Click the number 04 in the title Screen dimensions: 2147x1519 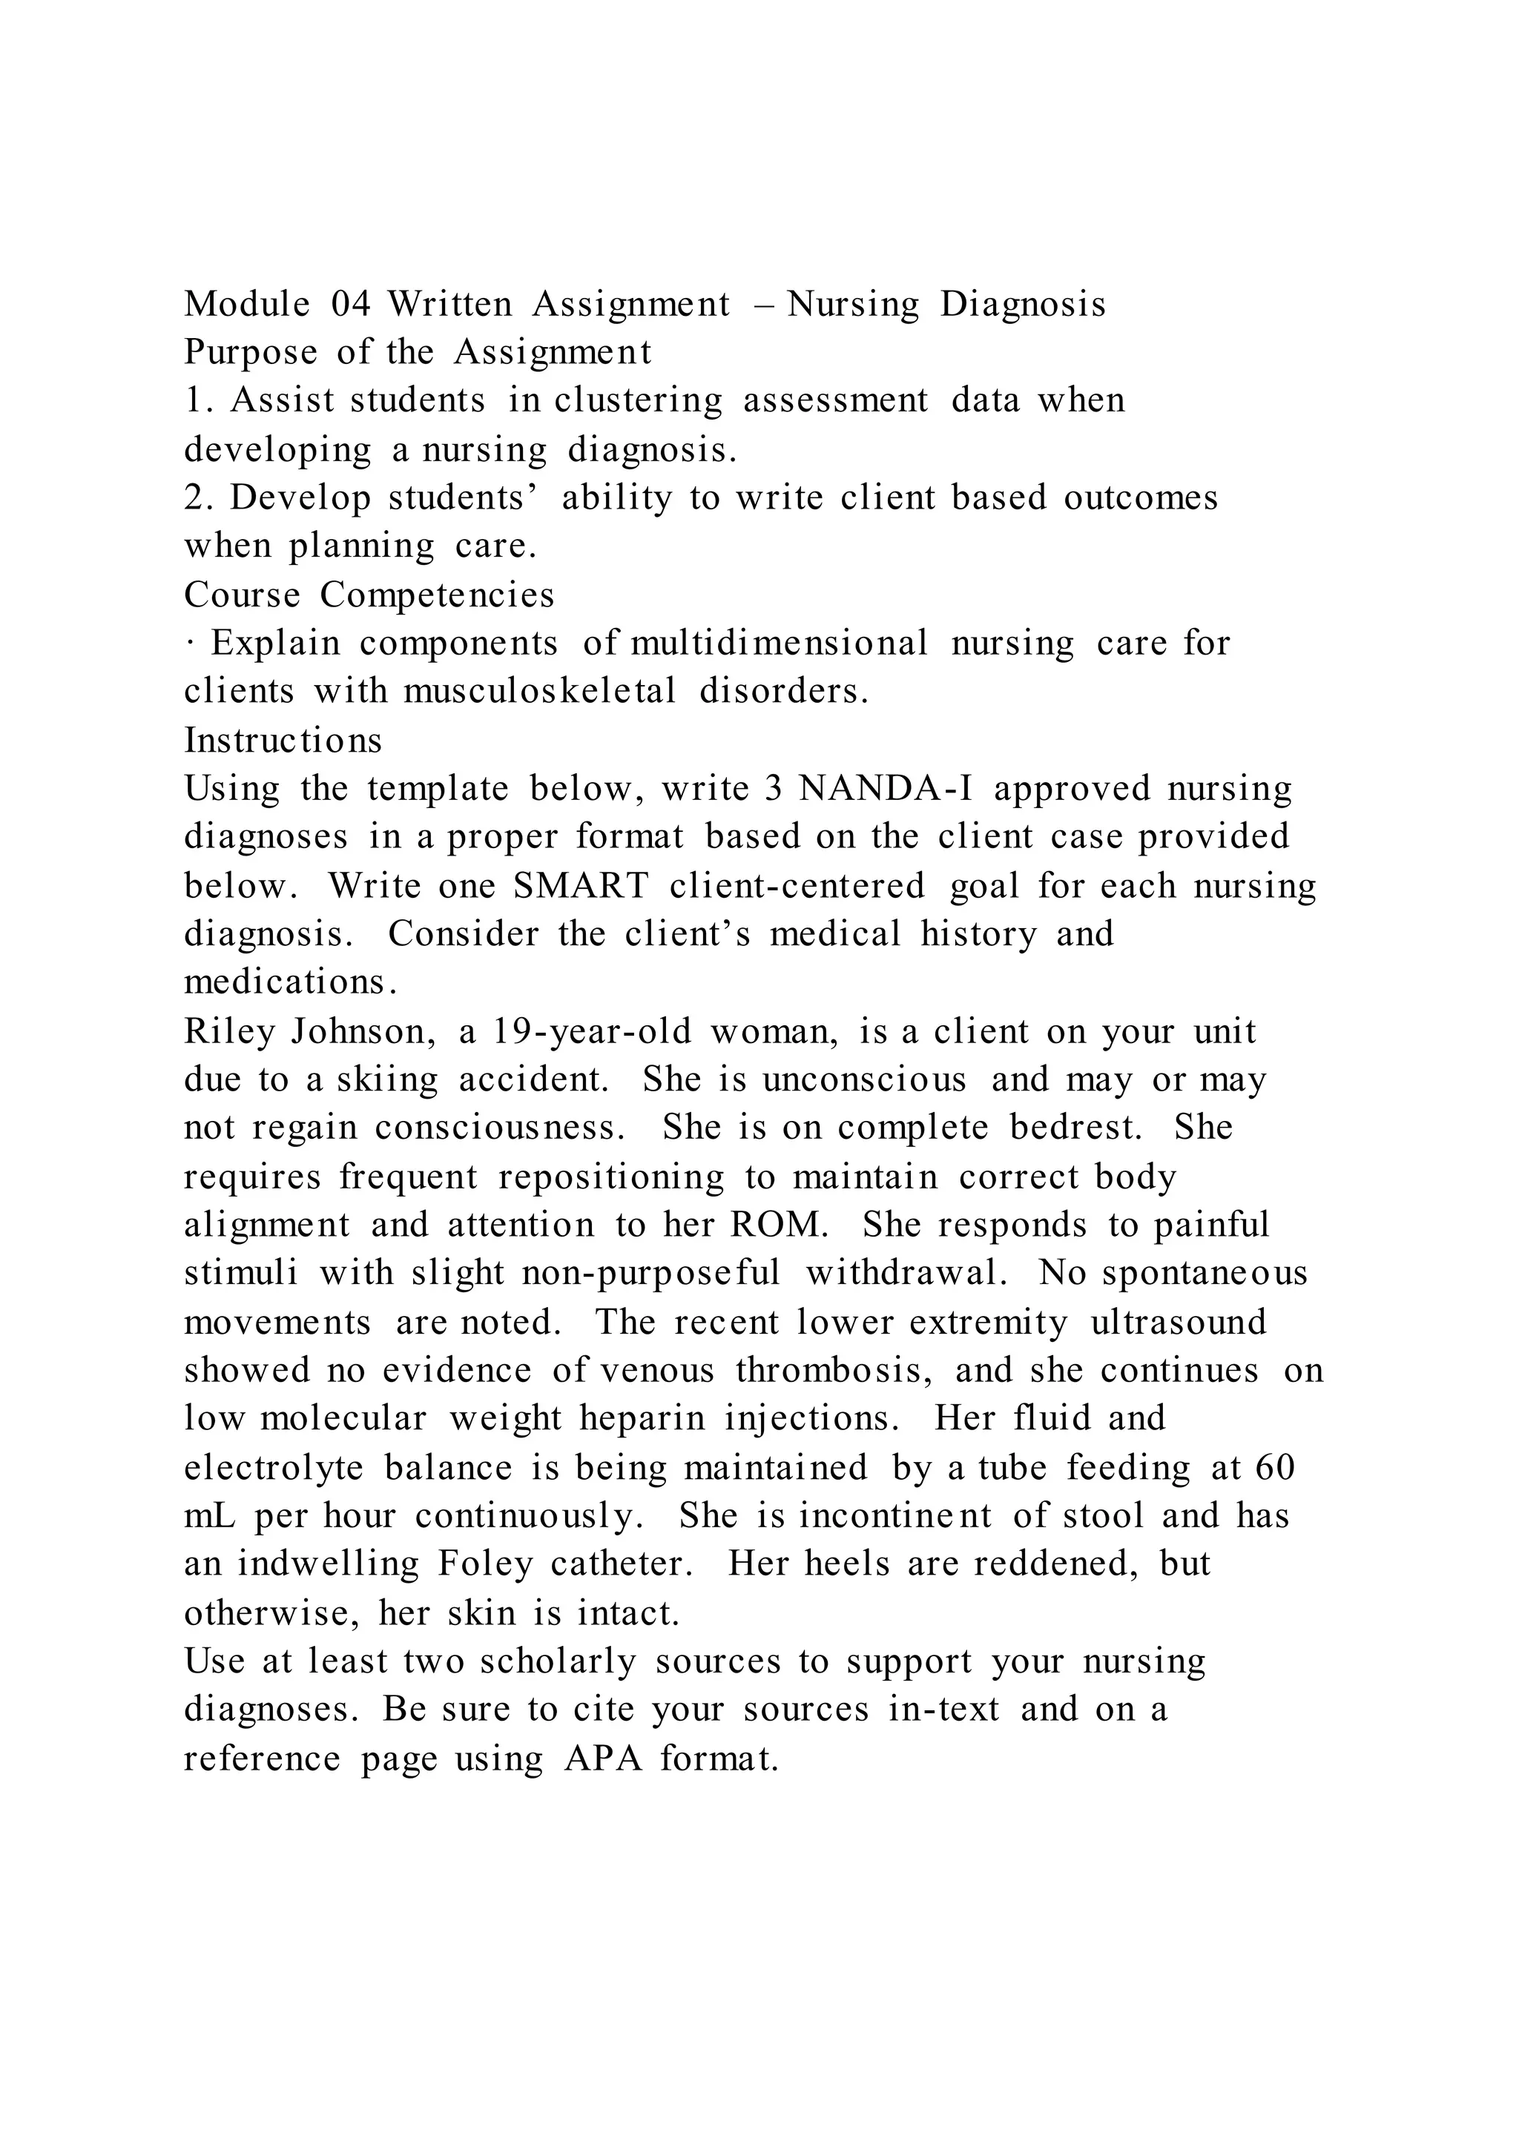point(351,304)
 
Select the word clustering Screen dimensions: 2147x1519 point(638,401)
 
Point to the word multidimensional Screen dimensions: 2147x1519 point(779,644)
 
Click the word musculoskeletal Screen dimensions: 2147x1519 point(540,692)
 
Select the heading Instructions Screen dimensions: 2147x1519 point(283,741)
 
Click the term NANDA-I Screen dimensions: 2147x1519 point(885,790)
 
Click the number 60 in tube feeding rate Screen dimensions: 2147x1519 point(1275,1467)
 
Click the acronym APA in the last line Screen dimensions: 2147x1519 point(603,1759)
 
